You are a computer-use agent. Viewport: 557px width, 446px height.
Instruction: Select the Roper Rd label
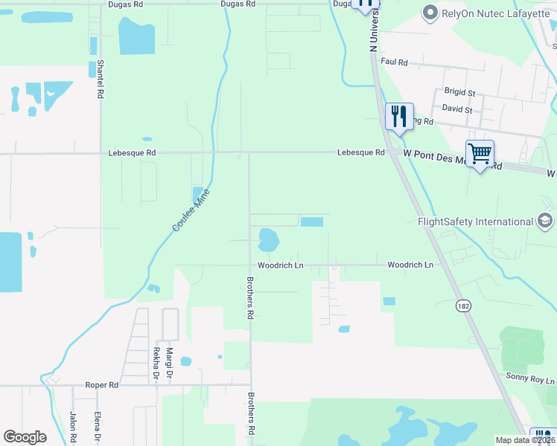[x=103, y=385]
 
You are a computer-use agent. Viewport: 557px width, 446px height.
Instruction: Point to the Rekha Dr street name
[x=156, y=363]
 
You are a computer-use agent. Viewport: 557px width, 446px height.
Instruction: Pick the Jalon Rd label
[x=73, y=427]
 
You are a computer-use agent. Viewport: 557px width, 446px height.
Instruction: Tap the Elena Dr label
[x=98, y=427]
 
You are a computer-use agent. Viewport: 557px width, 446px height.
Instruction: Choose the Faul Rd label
[x=394, y=62]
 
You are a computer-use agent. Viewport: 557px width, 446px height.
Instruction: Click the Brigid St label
[x=459, y=92]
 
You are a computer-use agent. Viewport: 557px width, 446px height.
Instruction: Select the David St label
[x=456, y=109]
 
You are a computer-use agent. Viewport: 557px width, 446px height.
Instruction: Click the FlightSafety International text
[x=475, y=222]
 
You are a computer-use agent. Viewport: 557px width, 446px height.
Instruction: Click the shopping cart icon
[x=480, y=154]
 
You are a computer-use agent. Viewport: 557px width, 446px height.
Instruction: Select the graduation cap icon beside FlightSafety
[x=545, y=221]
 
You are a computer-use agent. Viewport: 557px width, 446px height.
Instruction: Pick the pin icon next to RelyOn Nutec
[x=430, y=13]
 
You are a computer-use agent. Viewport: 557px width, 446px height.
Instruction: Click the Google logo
[x=25, y=437]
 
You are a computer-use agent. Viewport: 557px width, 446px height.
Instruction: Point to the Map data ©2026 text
[x=525, y=440]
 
